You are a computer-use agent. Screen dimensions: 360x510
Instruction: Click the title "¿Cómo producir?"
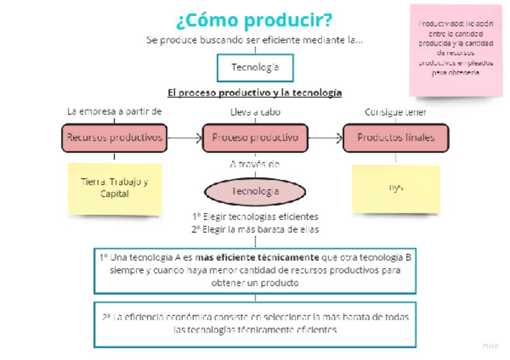pos(254,20)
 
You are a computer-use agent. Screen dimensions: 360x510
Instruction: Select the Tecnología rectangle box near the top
pos(255,67)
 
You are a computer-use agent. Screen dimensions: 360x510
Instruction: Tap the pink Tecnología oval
pos(255,191)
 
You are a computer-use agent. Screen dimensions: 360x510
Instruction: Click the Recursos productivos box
pos(114,138)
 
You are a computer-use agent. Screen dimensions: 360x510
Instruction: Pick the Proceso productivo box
pos(255,138)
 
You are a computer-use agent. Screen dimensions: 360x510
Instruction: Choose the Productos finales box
pos(395,138)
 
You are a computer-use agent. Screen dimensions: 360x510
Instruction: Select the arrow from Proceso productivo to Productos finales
pos(325,138)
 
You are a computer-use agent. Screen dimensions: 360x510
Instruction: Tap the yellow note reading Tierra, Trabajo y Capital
pos(114,188)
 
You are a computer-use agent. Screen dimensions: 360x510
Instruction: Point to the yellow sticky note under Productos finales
pos(395,188)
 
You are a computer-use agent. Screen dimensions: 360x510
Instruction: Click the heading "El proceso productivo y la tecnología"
pos(254,93)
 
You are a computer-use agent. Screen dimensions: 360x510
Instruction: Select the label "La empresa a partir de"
pos(114,112)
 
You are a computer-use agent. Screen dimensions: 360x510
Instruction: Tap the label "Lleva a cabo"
pos(255,112)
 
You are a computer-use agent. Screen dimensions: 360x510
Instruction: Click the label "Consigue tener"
pos(395,112)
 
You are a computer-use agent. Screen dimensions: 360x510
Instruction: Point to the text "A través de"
pos(255,163)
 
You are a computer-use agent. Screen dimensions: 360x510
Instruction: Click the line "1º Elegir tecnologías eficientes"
pos(255,216)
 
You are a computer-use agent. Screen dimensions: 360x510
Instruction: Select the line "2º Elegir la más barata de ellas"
pos(255,229)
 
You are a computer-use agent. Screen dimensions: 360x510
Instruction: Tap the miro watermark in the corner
pos(490,346)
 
